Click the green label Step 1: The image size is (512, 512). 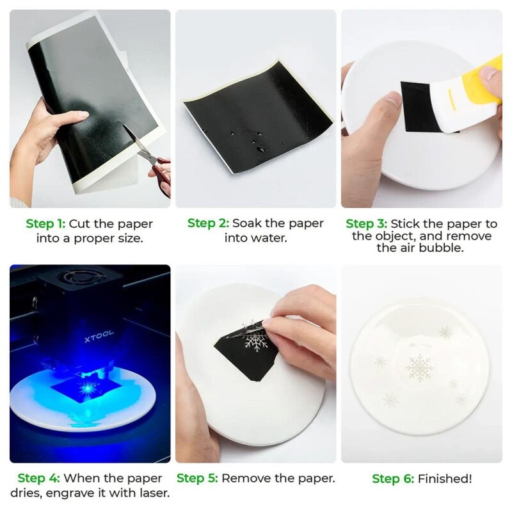(45, 224)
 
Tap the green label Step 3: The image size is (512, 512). (367, 224)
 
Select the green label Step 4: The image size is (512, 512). (38, 478)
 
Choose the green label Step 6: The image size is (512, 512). (392, 479)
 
